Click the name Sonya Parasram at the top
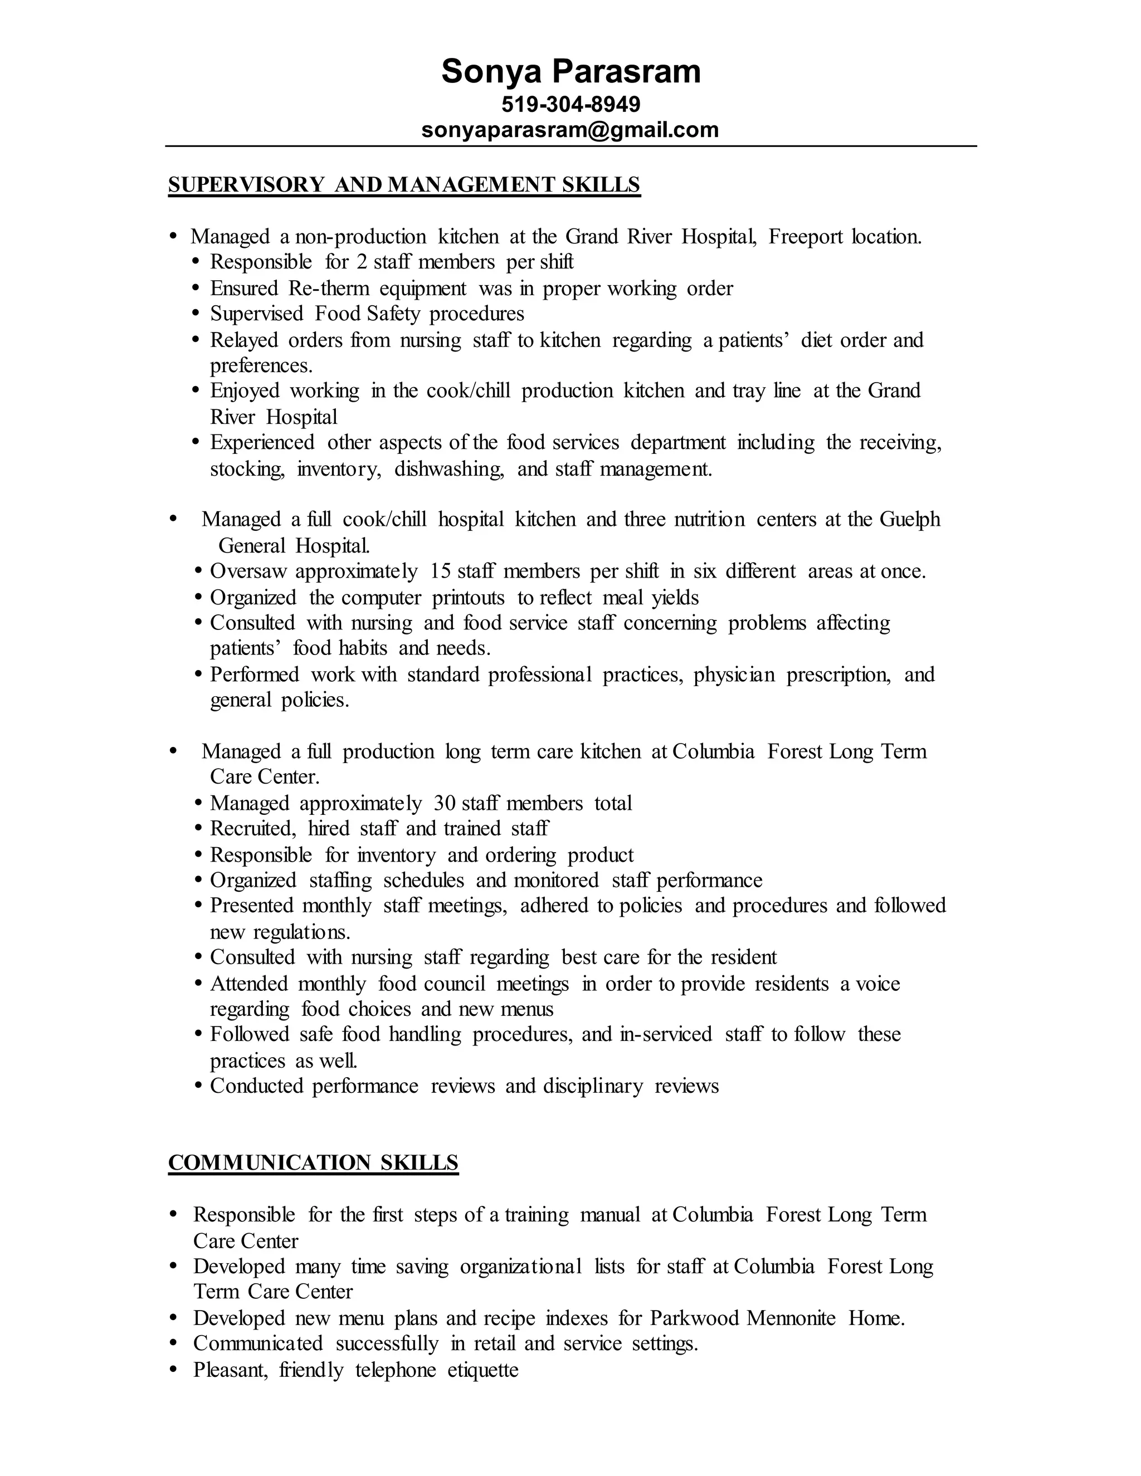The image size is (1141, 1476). click(570, 72)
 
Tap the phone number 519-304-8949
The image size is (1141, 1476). click(570, 104)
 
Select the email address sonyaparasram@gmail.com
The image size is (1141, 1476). click(570, 129)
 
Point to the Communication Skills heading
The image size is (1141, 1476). click(313, 1162)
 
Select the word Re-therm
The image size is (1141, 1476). click(327, 289)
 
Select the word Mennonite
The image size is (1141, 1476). click(791, 1318)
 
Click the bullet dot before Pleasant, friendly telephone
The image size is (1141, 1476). click(174, 1370)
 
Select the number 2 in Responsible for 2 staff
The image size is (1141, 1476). click(362, 262)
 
